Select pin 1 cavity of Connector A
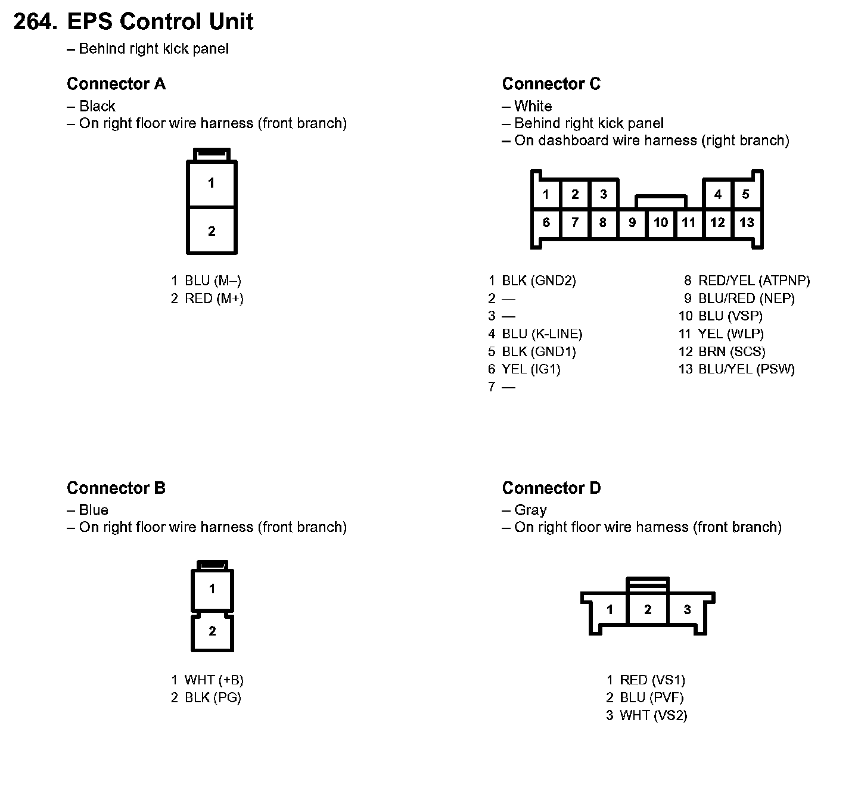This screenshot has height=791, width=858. (x=212, y=183)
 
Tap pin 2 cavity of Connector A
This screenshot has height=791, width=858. (x=212, y=231)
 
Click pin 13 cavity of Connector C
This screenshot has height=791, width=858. (x=747, y=223)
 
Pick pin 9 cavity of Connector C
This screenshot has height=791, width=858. (x=632, y=223)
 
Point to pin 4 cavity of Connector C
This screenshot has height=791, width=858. (x=718, y=194)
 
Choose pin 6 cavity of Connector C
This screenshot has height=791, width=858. (x=546, y=223)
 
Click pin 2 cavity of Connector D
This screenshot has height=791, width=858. (x=648, y=609)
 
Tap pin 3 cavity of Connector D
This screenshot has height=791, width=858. (x=687, y=609)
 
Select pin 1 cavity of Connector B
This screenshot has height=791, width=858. (x=212, y=589)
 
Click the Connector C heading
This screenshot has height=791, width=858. (x=551, y=84)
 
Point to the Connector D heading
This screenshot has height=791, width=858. (x=551, y=488)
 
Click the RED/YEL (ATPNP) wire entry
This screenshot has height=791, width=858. (x=754, y=281)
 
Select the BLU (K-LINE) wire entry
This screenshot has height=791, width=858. (x=542, y=334)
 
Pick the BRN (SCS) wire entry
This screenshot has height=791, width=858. (x=731, y=351)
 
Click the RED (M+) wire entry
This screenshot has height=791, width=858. (x=214, y=298)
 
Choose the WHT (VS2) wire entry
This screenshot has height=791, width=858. (x=653, y=715)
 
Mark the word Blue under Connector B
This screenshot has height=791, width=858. (x=94, y=510)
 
